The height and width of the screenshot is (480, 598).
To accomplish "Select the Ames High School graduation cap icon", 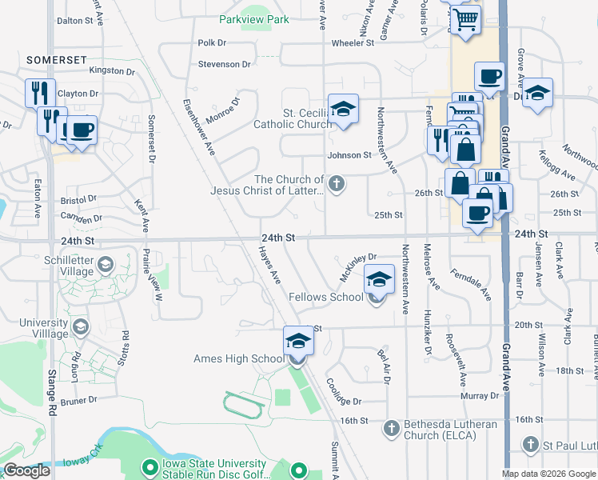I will [x=297, y=342].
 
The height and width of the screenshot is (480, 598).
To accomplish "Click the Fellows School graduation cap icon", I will [x=379, y=280].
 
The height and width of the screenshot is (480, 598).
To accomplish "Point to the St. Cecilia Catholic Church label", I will [x=293, y=118].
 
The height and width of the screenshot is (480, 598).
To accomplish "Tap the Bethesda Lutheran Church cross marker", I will [x=392, y=429].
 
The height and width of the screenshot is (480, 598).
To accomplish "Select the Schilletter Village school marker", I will [x=105, y=264].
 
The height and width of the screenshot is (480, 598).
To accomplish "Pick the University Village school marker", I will [x=80, y=326].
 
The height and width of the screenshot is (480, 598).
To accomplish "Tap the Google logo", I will [x=26, y=470].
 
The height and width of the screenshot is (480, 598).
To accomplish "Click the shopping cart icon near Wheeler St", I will [x=464, y=18].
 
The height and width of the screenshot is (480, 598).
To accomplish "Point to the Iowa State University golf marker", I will [x=149, y=466].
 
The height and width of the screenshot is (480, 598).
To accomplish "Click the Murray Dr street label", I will [x=480, y=396].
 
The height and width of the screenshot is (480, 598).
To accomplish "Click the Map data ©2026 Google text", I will [x=548, y=474].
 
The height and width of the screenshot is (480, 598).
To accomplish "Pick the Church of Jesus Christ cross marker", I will [x=337, y=185].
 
